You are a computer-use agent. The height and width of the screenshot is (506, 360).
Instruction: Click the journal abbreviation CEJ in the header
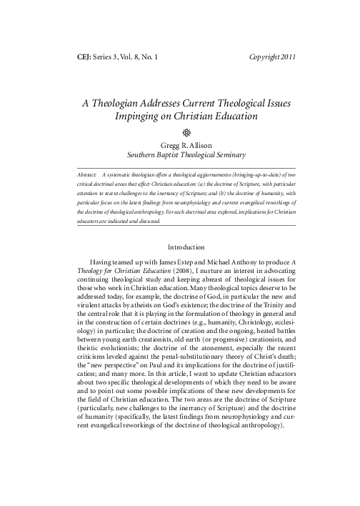(84, 56)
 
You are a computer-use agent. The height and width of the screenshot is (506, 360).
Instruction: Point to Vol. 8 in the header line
(136, 56)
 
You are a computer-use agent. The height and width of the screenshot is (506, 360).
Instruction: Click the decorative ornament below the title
(180, 132)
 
